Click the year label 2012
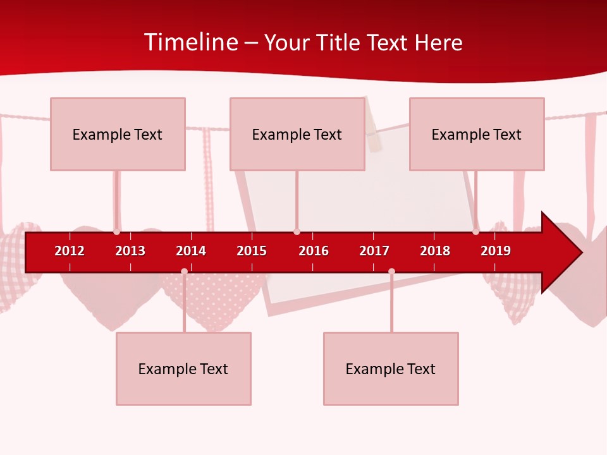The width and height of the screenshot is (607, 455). click(70, 251)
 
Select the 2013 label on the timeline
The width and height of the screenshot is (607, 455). click(130, 251)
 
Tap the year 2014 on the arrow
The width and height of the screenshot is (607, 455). click(191, 251)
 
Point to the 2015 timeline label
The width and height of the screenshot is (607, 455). click(252, 251)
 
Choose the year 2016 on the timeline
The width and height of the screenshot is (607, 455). click(314, 251)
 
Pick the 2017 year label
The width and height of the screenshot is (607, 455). click(374, 251)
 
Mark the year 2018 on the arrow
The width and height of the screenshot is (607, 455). click(435, 251)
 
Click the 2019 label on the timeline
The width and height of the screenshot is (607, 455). click(496, 251)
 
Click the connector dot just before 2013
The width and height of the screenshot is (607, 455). click(117, 232)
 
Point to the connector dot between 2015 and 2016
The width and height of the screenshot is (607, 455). click(297, 232)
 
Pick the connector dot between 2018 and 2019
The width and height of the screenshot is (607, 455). click(475, 232)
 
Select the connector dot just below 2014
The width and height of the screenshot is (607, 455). click(184, 271)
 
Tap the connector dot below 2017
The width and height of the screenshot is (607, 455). click(391, 271)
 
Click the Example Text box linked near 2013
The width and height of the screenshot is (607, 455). click(118, 134)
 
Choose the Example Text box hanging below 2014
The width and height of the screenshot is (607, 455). click(183, 368)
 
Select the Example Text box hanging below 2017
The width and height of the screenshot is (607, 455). click(391, 368)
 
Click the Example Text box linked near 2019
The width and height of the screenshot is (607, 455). click(477, 134)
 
